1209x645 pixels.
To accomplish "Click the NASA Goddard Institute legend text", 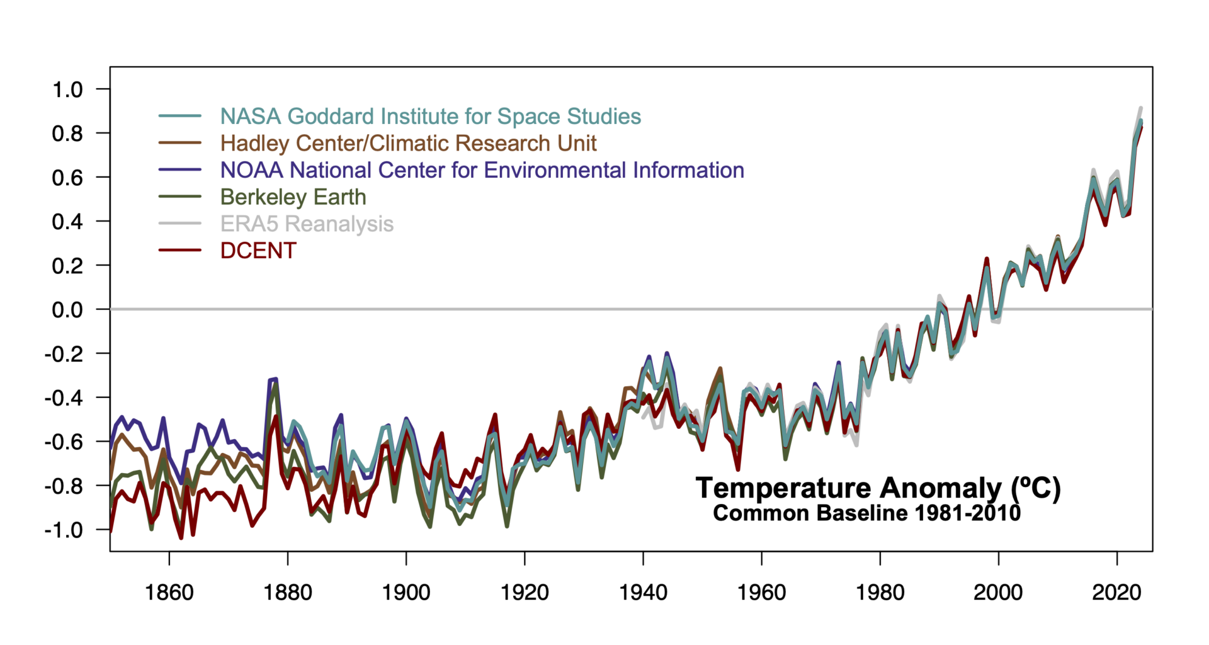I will (430, 117).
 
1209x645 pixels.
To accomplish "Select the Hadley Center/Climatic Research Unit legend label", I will (408, 144).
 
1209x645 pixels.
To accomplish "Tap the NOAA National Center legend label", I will (482, 171).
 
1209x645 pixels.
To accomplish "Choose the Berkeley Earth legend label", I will (293, 197).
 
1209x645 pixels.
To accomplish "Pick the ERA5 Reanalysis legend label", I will (307, 224).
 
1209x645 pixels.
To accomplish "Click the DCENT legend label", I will (258, 251).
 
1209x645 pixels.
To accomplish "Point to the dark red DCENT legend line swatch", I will (180, 251).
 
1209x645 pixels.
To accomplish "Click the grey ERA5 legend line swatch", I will (180, 224).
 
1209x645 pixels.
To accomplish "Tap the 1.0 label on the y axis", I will (67, 89).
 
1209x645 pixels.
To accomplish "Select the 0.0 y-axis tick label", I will (67, 310).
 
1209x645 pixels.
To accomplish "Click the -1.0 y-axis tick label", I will (64, 530).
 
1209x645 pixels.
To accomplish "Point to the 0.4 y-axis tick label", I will (67, 222).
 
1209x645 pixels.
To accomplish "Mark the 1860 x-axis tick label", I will (169, 593).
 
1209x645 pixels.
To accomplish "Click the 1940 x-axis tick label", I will (643, 593).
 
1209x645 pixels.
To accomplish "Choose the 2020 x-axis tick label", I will (1116, 593).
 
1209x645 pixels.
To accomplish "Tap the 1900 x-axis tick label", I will (406, 593).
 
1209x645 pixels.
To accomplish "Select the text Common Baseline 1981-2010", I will (866, 513).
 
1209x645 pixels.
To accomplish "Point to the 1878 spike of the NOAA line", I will (275, 379).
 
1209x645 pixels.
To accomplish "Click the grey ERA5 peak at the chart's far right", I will (1140, 108).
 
